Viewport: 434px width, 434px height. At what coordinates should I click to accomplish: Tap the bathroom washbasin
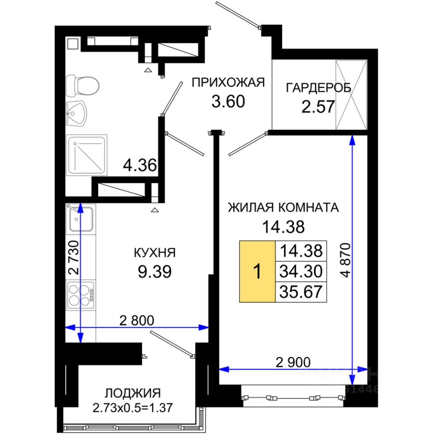pos(76,114)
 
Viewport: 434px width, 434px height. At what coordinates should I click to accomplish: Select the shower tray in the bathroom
pos(87,155)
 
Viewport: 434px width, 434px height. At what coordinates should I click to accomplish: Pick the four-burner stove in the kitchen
pos(81,295)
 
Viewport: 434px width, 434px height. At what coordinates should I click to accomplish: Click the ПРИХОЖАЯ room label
pos(228,82)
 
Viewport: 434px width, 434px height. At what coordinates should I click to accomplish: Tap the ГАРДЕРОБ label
pos(318,88)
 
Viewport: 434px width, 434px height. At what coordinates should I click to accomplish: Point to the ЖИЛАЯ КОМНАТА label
pos(283,208)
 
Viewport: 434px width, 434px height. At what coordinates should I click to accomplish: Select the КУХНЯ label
pos(155,253)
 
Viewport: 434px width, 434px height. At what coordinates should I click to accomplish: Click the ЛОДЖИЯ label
pos(132,393)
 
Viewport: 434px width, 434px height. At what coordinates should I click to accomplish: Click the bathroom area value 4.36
pos(140,165)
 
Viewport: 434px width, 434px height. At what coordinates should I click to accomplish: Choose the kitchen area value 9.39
pos(155,271)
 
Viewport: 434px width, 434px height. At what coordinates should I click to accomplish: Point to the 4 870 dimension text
pos(346,260)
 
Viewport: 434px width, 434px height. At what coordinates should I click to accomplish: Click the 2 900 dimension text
pos(293,362)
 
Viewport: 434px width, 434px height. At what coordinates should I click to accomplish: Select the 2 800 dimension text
pos(137,321)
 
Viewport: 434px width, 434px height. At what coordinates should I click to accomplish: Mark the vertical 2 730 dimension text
pos(74,257)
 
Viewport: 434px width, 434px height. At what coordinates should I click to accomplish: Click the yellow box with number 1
pos(257,271)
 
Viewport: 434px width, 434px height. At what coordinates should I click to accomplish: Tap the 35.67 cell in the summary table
pos(301,292)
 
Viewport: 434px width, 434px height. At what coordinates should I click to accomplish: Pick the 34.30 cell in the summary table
pos(301,272)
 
